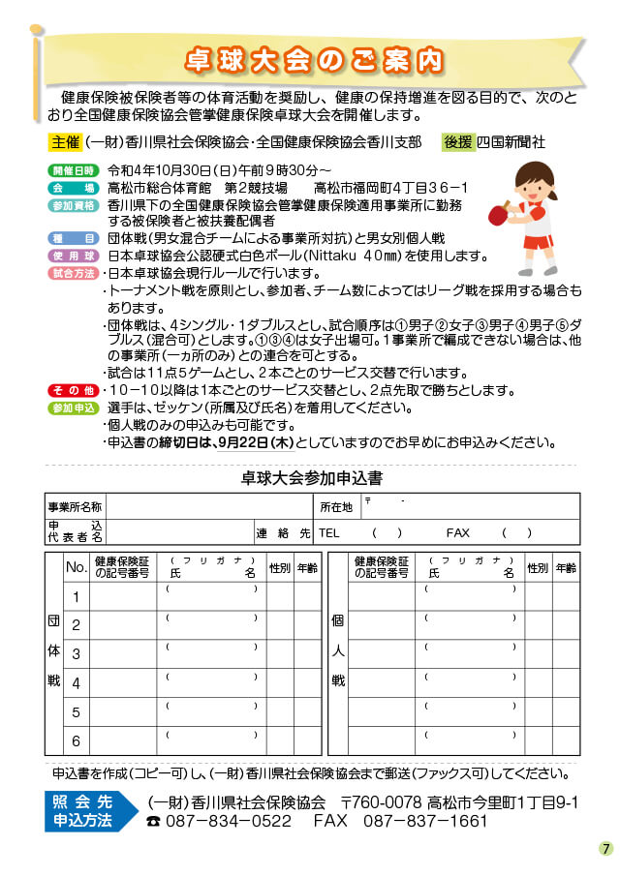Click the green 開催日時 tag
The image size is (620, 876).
coord(72,170)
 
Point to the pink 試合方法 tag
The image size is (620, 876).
coord(73,273)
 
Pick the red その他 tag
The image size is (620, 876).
coord(73,390)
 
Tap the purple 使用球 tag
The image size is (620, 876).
coord(73,256)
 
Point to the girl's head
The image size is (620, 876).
coord(532,180)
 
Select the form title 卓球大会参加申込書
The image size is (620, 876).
coord(311,477)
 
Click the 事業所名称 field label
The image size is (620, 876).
coord(75,506)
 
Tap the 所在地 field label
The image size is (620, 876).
coord(336,506)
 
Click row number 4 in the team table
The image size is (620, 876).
coord(76,683)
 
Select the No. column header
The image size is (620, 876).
coord(76,567)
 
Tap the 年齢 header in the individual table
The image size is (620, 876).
coord(566,567)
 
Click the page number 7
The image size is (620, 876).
coord(605,849)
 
